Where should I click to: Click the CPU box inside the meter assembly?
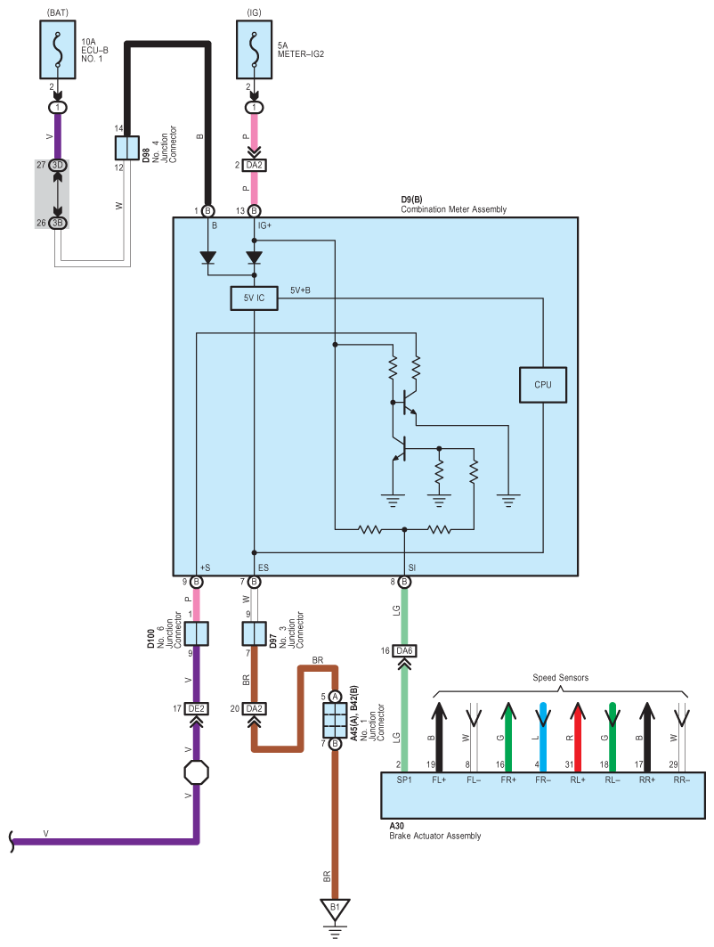[543, 385]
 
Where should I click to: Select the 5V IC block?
[254, 299]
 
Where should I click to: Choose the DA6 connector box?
[404, 651]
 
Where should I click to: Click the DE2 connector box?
[196, 708]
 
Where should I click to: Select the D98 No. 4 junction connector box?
[127, 148]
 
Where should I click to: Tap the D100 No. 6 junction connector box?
[196, 634]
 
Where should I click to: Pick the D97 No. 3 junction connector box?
[254, 634]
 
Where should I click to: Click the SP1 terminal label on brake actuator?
[404, 780]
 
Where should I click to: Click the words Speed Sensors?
[561, 678]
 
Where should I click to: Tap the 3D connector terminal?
[58, 166]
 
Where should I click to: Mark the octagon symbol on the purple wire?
[196, 772]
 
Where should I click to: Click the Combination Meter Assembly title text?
[453, 209]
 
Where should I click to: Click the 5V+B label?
[300, 290]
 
